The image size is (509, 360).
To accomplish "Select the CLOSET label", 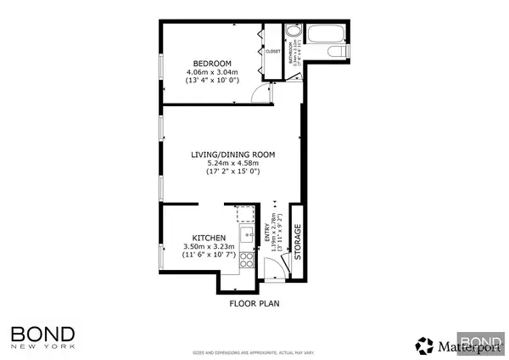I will [x=273, y=51].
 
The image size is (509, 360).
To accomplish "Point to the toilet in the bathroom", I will [x=341, y=53].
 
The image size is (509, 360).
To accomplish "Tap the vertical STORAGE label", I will [x=297, y=240].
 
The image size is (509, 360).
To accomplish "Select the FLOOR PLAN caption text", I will [x=255, y=301].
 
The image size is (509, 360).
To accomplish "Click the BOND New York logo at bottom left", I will [x=43, y=335].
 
